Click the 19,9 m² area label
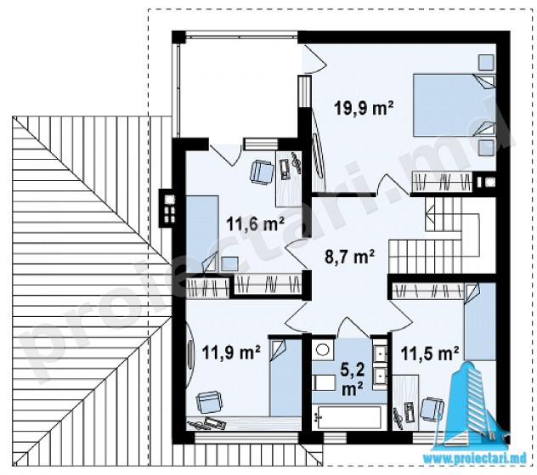click(x=364, y=109)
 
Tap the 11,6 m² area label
click(x=256, y=224)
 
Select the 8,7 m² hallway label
click(x=349, y=256)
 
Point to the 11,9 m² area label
click(x=231, y=353)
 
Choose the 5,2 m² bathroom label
click(x=352, y=379)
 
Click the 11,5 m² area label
click(x=430, y=353)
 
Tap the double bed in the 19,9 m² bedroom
click(x=454, y=105)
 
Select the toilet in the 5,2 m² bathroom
click(x=324, y=382)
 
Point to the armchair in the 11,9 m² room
click(x=209, y=403)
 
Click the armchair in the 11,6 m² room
click(x=262, y=172)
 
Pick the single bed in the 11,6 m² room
click(x=202, y=234)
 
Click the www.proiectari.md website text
click(x=475, y=459)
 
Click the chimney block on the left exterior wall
click(x=168, y=208)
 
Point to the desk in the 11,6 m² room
click(x=289, y=178)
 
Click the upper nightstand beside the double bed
click(x=486, y=63)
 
